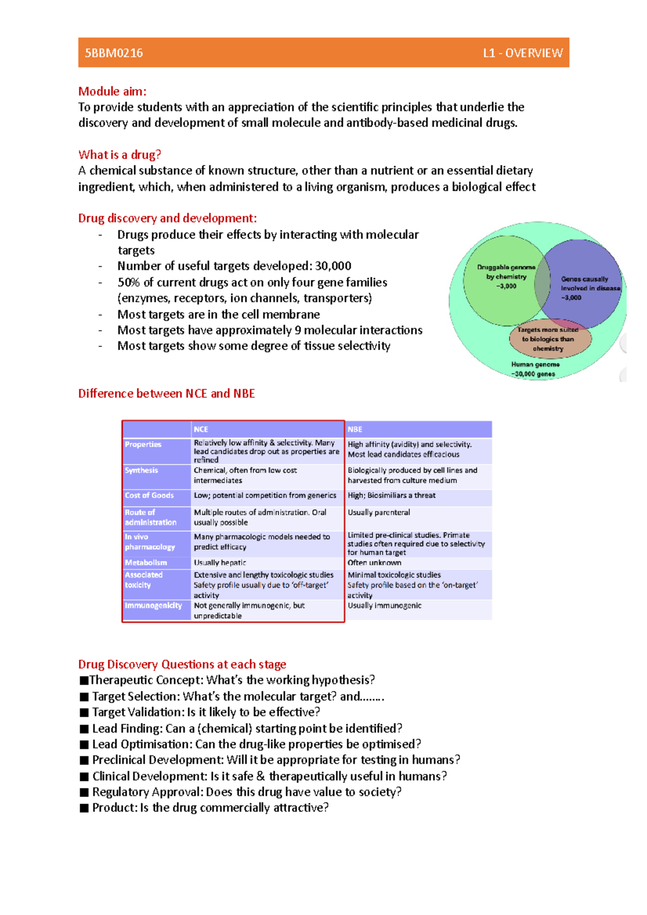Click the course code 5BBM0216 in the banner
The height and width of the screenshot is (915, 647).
[114, 53]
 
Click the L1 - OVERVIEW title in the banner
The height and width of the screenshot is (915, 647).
[522, 53]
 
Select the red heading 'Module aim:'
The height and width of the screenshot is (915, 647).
[112, 91]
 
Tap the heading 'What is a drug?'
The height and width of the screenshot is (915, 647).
[120, 155]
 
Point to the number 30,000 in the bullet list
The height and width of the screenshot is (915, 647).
[333, 266]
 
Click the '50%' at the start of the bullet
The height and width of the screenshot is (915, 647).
[129, 282]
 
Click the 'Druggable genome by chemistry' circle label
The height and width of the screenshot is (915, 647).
[506, 276]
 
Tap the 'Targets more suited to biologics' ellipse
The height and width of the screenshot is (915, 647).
[548, 339]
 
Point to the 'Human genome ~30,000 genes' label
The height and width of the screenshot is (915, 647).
[535, 369]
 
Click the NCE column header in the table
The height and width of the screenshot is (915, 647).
[201, 429]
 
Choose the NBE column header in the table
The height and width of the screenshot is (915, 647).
[355, 429]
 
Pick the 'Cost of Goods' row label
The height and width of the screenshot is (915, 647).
[149, 495]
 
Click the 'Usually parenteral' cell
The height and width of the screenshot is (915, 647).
[378, 512]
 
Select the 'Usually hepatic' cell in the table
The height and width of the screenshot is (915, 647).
[220, 563]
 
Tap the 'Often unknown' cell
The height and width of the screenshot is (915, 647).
[374, 563]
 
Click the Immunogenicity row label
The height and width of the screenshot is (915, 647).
[153, 606]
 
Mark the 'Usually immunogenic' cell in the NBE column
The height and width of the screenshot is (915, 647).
[384, 606]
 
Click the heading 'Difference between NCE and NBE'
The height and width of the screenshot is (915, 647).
[166, 393]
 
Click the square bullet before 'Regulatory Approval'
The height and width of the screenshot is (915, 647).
[84, 792]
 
